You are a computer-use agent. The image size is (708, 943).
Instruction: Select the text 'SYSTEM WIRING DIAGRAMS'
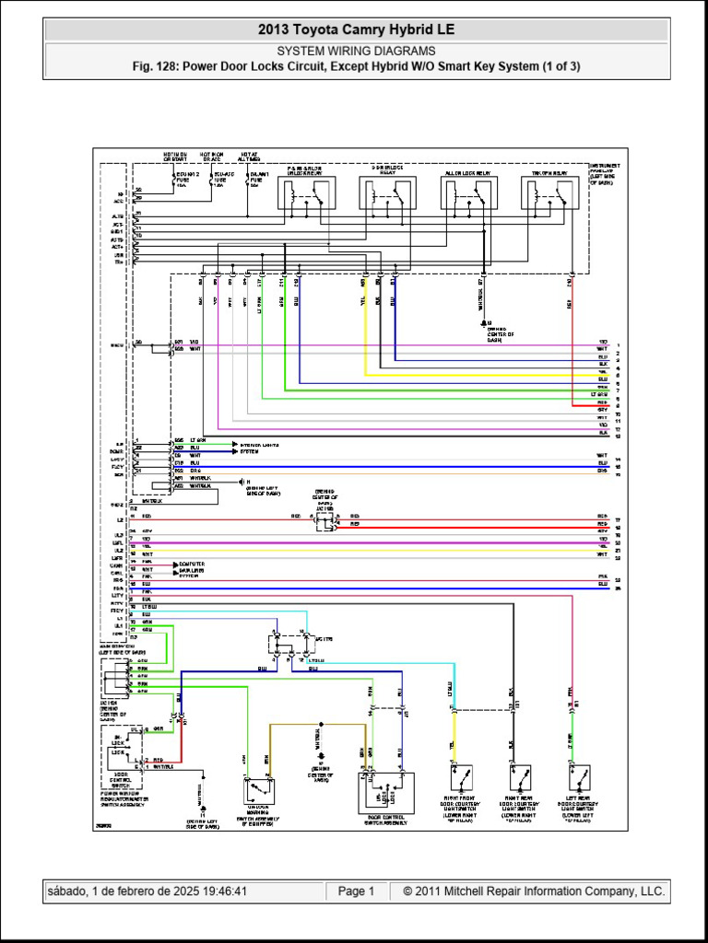(x=356, y=52)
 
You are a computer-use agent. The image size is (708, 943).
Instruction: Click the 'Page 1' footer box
(x=356, y=891)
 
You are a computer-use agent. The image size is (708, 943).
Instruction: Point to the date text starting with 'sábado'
(x=147, y=891)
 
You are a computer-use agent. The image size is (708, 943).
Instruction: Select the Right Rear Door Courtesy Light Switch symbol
(x=520, y=779)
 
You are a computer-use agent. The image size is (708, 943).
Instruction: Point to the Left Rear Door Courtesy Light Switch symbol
(x=580, y=779)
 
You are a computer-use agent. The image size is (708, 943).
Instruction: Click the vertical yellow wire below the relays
(x=366, y=332)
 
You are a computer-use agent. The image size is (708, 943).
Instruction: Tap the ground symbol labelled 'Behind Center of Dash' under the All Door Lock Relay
(x=482, y=323)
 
